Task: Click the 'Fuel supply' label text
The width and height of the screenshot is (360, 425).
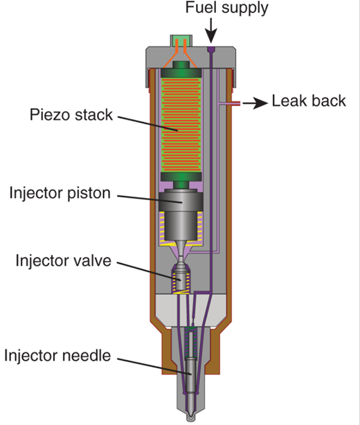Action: (x=226, y=8)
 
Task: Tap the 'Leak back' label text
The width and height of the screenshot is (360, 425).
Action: (x=309, y=101)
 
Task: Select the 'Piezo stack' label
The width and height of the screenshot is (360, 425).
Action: (x=71, y=115)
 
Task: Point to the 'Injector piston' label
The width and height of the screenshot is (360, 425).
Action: (x=60, y=193)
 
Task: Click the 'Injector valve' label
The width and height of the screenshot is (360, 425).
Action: (x=64, y=261)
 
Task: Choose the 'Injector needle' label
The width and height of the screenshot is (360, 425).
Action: (x=57, y=356)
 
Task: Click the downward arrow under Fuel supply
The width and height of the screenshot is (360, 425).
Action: (x=211, y=30)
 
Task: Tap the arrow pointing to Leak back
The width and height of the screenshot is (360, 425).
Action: (x=255, y=103)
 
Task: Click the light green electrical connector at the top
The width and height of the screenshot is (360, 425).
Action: (x=181, y=41)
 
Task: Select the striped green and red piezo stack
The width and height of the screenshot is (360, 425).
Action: (x=181, y=125)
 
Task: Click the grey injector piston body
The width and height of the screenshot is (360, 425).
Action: (x=181, y=214)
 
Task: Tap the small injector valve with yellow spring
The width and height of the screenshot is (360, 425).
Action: (x=181, y=280)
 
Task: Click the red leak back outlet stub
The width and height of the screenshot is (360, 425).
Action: (x=236, y=103)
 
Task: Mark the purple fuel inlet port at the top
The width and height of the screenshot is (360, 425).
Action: (x=211, y=49)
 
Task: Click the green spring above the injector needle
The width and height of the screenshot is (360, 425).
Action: (x=191, y=342)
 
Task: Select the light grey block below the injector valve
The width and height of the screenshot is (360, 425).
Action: (x=191, y=311)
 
